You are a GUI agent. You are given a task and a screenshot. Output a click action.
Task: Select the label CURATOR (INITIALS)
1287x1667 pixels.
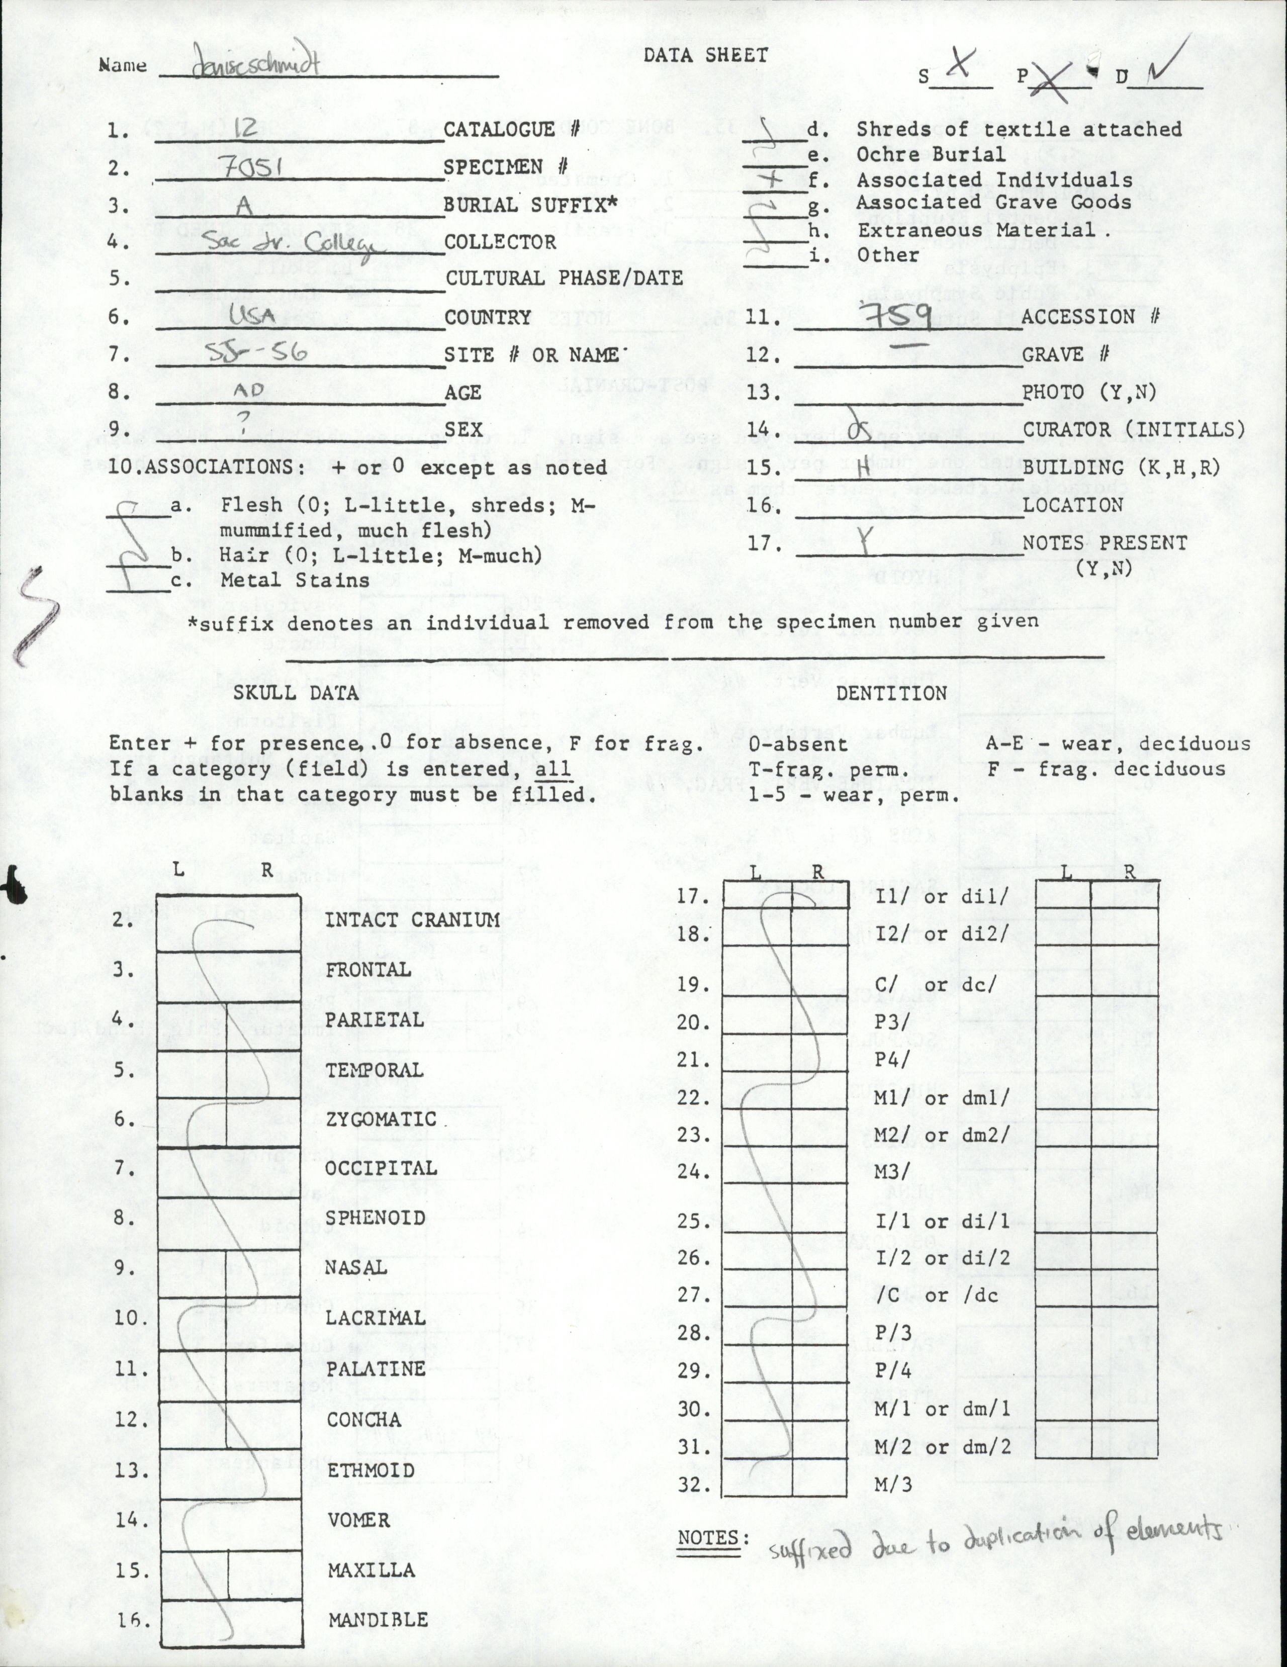coord(1133,430)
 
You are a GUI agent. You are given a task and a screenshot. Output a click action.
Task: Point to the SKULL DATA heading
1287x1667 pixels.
coord(296,692)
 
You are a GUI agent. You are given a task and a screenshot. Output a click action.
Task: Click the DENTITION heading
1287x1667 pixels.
coord(891,693)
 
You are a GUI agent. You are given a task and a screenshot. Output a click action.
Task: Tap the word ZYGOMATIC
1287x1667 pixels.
coord(381,1119)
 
